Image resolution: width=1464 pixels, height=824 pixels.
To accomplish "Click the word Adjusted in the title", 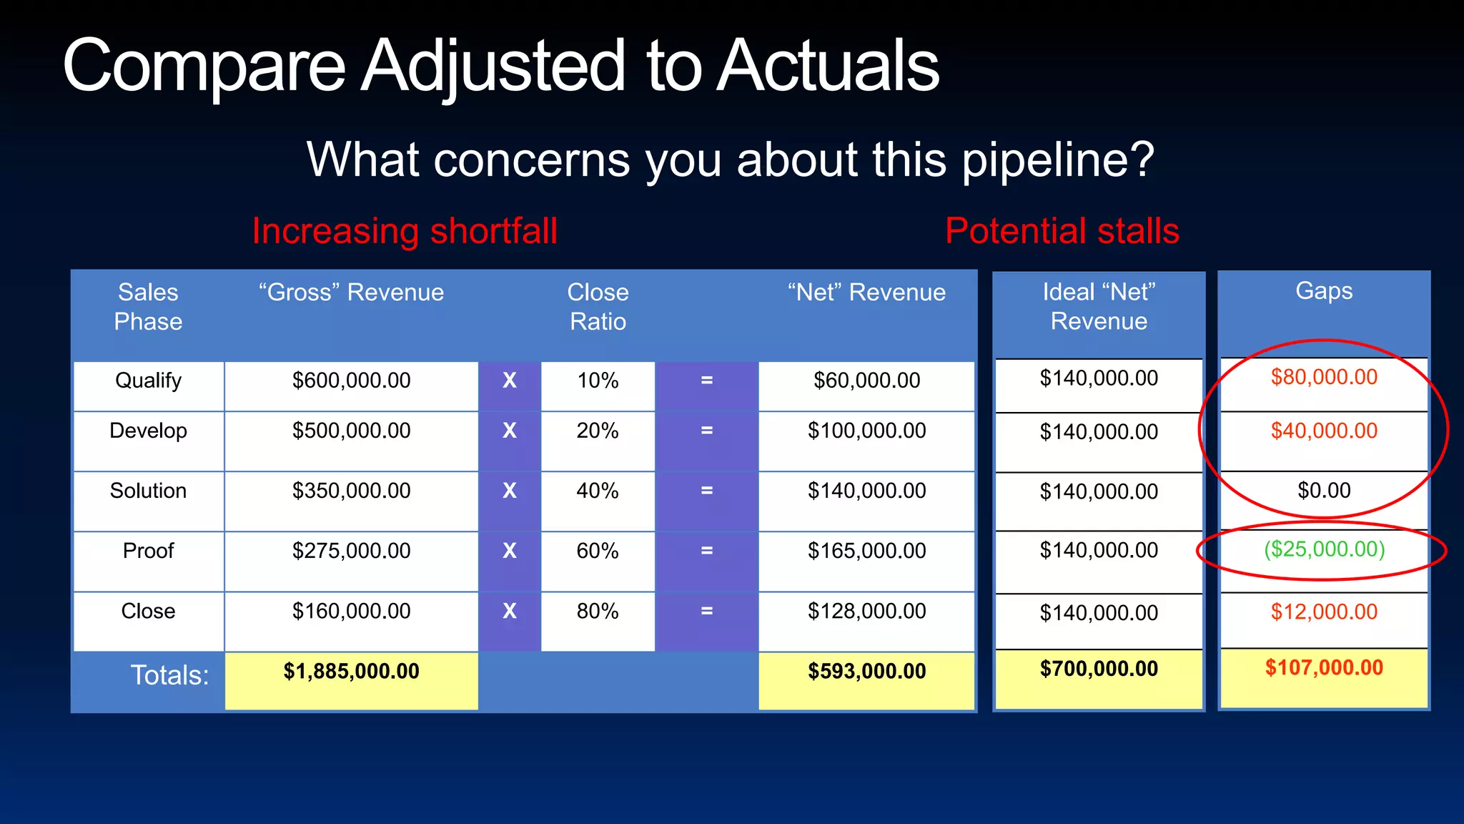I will click(x=493, y=66).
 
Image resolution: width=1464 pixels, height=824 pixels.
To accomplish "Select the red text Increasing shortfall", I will click(x=404, y=231).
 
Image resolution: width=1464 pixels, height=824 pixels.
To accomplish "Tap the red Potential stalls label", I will click(x=1062, y=231).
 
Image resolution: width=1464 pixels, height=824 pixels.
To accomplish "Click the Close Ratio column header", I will click(x=598, y=306).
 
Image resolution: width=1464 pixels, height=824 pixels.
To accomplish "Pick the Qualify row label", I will click(x=148, y=381).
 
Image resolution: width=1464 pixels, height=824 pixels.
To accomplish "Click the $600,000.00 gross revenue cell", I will click(x=351, y=381).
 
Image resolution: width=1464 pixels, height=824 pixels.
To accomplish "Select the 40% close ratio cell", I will click(x=598, y=491).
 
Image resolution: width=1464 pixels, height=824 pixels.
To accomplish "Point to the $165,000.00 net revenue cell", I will click(x=866, y=551).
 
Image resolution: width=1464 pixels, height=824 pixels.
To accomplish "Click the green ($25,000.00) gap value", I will click(x=1324, y=549).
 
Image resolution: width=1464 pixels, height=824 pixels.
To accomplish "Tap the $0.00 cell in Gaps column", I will click(x=1324, y=491).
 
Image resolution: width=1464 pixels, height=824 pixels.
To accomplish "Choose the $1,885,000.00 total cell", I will click(x=351, y=671).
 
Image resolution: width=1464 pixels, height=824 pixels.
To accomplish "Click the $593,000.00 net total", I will click(x=866, y=671).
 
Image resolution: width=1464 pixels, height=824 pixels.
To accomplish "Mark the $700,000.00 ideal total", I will click(x=1099, y=669).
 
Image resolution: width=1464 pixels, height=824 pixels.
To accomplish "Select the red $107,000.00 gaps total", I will click(x=1324, y=668).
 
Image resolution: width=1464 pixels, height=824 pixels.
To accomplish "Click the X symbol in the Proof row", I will click(x=509, y=551).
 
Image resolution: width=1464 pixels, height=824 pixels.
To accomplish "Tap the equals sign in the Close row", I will click(x=706, y=611).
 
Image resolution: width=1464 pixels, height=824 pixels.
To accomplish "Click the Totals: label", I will click(x=169, y=675).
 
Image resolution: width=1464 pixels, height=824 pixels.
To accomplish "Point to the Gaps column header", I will click(x=1324, y=291).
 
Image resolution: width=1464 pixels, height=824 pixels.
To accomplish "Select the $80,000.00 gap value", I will click(x=1324, y=377).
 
